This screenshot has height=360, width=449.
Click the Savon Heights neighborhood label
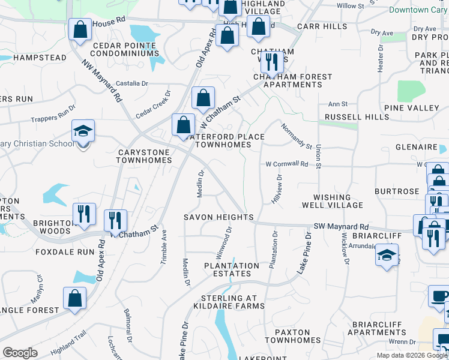pyautogui.click(x=218, y=217)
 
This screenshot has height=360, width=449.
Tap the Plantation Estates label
pyautogui.click(x=231, y=269)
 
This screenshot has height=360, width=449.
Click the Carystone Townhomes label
pyautogui.click(x=143, y=157)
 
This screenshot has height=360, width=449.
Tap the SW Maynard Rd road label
pyautogui.click(x=342, y=227)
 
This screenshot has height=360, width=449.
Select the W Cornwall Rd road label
pyautogui.click(x=287, y=164)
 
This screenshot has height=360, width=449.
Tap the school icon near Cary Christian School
pyautogui.click(x=83, y=133)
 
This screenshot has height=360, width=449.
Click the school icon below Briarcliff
pyautogui.click(x=387, y=256)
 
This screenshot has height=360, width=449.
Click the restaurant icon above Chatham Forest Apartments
pyautogui.click(x=272, y=62)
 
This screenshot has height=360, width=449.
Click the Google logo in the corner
pyautogui.click(x=20, y=353)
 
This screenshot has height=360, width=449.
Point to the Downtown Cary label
pyautogui.click(x=417, y=10)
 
